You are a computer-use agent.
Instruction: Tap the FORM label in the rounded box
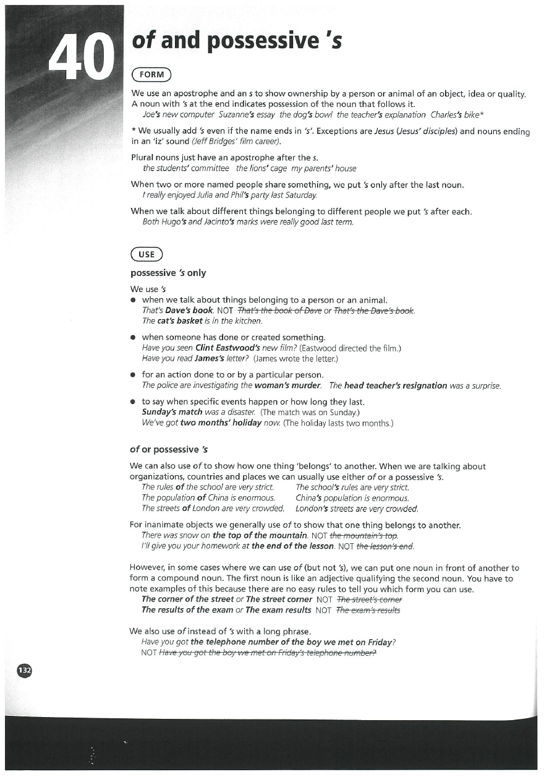click(151, 75)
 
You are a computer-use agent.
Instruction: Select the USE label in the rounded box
click(146, 254)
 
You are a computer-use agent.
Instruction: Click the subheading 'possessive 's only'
click(168, 273)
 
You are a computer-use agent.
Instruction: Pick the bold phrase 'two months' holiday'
click(223, 423)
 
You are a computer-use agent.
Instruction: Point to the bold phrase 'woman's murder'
click(290, 385)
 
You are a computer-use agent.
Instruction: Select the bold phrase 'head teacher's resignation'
click(396, 385)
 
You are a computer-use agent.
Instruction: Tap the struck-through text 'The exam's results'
click(368, 610)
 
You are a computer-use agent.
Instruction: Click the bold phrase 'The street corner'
click(279, 599)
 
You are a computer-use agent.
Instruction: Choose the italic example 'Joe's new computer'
click(178, 114)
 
